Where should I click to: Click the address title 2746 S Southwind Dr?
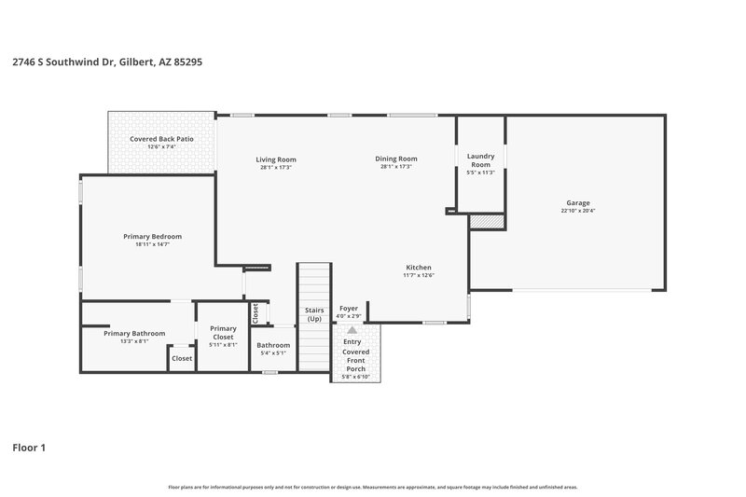coord(107,62)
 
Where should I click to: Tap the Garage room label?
coord(577,202)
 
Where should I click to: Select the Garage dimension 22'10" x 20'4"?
coord(577,211)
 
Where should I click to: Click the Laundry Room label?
coord(480,160)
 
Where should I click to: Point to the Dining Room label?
coord(395,159)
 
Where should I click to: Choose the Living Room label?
coord(275,159)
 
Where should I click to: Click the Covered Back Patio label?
coord(161,139)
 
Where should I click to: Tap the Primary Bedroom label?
coord(152,236)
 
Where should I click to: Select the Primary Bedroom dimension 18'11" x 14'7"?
coord(152,244)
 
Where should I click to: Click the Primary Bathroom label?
coord(134,333)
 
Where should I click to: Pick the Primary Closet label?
coord(223,332)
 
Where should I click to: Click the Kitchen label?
coord(419,267)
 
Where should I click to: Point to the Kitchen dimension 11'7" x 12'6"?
coord(419,275)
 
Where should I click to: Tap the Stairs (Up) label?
coord(314,314)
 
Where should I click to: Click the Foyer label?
coord(349,309)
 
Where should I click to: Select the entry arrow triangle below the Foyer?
coord(352,330)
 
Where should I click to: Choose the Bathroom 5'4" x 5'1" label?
coord(273,345)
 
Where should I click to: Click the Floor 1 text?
coord(29,448)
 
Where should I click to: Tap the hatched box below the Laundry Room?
coord(485,221)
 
